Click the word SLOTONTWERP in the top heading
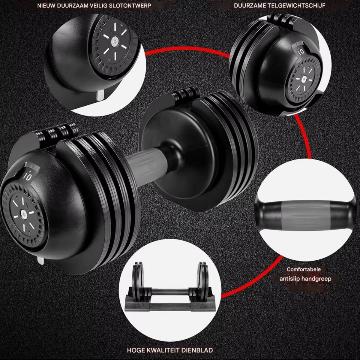coord(130,6)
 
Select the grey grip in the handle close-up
coord(305,217)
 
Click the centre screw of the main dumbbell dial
coord(24,212)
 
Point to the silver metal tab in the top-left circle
coord(101,95)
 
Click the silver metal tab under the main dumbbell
coord(41,261)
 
